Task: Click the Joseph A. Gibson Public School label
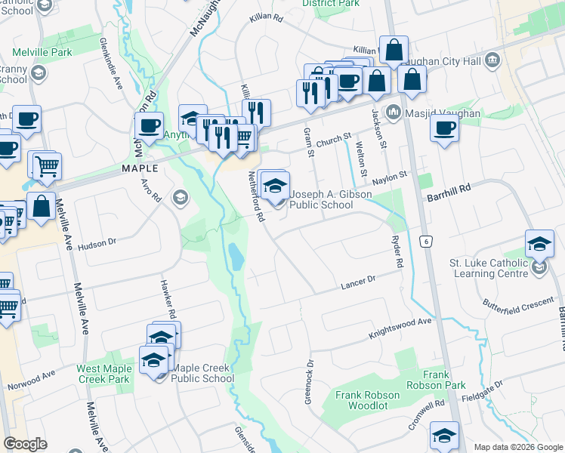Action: tap(332, 199)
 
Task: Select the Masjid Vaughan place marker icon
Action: tap(393, 113)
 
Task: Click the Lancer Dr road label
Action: tap(357, 282)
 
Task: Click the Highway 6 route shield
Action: tap(427, 240)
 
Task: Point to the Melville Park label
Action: tap(42, 53)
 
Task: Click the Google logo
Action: tap(26, 444)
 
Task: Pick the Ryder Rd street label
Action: tap(396, 251)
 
